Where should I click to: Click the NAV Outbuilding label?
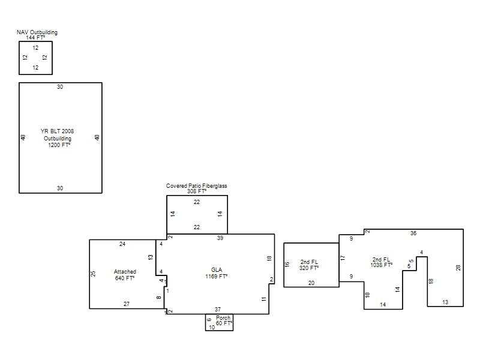pyautogui.click(x=37, y=32)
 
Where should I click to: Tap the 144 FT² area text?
pyautogui.click(x=35, y=38)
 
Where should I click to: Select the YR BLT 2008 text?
pyautogui.click(x=57, y=131)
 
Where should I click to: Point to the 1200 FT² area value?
pyautogui.click(x=59, y=145)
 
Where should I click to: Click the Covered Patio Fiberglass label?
pyautogui.click(x=197, y=186)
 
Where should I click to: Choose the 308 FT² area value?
pyautogui.click(x=197, y=191)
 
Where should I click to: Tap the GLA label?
pyautogui.click(x=217, y=269)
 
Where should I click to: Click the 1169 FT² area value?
pyautogui.click(x=216, y=276)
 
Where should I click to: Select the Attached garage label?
pyautogui.click(x=125, y=272)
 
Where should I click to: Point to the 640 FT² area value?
pyautogui.click(x=125, y=278)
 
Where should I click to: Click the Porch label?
pyautogui.click(x=223, y=318)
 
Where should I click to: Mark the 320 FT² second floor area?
pyautogui.click(x=309, y=268)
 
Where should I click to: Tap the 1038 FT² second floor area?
pyautogui.click(x=382, y=265)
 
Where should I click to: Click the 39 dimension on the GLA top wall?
pyautogui.click(x=220, y=238)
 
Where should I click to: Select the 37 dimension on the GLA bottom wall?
pyautogui.click(x=218, y=309)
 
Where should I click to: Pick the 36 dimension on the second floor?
pyautogui.click(x=413, y=233)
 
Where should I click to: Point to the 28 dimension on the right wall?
pyautogui.click(x=458, y=268)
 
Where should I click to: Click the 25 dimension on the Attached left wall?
pyautogui.click(x=93, y=274)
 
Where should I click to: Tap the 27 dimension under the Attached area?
pyautogui.click(x=127, y=304)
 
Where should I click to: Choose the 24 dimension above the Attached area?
pyautogui.click(x=122, y=244)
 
